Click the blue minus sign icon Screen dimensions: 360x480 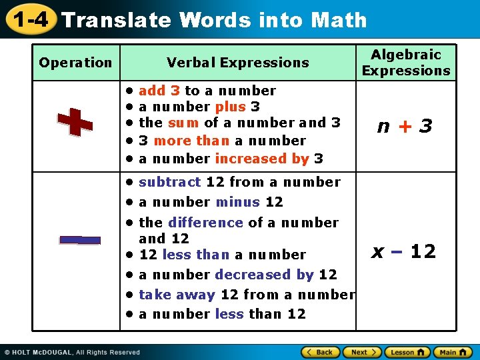coord(79,240)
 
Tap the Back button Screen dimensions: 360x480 coord(320,352)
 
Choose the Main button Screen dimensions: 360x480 coord(453,352)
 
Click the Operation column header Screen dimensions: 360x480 coord(75,63)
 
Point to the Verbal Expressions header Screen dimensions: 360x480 coord(238,63)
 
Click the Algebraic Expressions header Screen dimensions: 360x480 coord(406,63)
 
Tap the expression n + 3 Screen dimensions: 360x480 coord(405,126)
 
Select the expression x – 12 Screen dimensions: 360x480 coord(403,251)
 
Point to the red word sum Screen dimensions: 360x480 coord(183,123)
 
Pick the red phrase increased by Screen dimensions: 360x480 coord(262,159)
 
